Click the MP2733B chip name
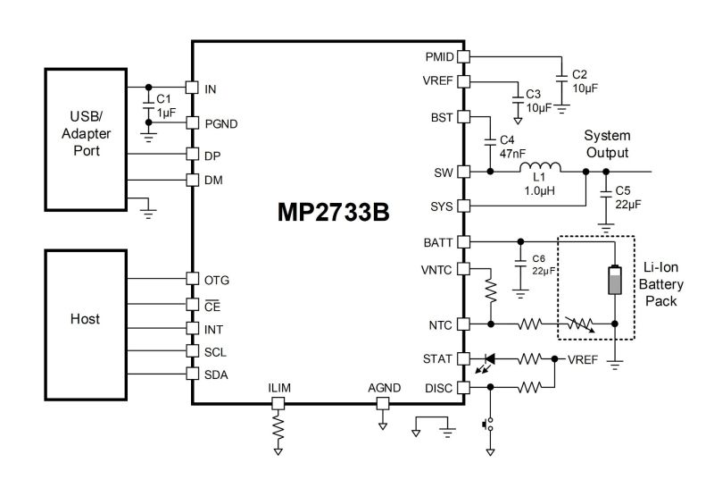pos(333,212)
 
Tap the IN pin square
pos(192,87)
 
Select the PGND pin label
pos(220,124)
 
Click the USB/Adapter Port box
pos(86,139)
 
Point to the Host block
pos(86,325)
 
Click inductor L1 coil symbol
pos(540,167)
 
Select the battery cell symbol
pos(615,280)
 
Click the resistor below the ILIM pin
pos(278,426)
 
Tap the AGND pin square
pos(383,403)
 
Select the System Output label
pos(608,144)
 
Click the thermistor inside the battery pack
pos(578,324)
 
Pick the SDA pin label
pos(216,374)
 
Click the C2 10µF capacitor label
pos(585,81)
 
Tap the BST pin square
pos(463,117)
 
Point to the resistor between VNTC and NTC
pos(490,291)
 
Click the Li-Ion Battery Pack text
pos(660,284)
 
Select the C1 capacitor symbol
pos(148,105)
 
